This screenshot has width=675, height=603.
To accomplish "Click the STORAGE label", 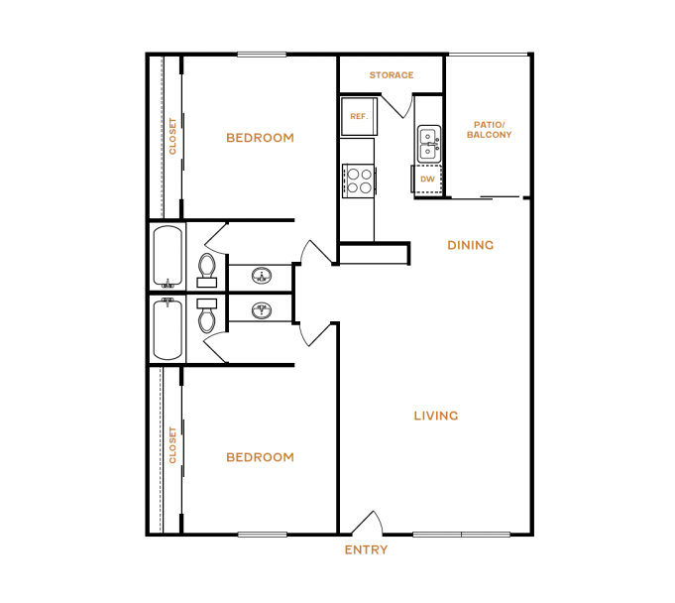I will tap(392, 75).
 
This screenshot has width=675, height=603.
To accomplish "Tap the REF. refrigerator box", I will tap(359, 116).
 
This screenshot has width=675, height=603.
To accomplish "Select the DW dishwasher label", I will tap(427, 180).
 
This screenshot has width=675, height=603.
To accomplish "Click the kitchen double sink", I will tap(429, 144).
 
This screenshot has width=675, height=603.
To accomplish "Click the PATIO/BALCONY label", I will tap(489, 129).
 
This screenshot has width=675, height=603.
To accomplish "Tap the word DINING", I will tap(470, 245).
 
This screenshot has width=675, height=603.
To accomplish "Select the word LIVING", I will tap(435, 416).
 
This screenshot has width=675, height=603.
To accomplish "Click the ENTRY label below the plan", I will tap(366, 549).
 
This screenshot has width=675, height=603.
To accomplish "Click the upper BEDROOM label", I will tap(260, 138).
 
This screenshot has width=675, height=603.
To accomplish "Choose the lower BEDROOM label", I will tap(260, 457).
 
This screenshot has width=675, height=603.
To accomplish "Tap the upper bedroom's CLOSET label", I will tap(171, 137).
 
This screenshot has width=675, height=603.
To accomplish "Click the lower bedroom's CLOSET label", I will tap(171, 445).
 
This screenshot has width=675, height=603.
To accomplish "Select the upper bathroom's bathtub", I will tap(168, 257).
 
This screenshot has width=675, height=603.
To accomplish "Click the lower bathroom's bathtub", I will tap(168, 329).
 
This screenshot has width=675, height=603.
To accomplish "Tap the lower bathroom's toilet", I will tap(207, 316).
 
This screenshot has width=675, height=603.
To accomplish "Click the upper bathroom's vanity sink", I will tap(262, 275).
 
